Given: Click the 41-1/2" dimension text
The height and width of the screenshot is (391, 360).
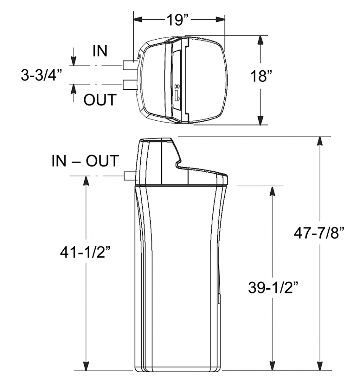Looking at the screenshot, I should (x=87, y=253).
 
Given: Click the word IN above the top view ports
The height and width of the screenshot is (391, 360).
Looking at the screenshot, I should (x=100, y=51).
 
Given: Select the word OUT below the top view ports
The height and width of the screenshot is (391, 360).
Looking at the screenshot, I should (x=100, y=100).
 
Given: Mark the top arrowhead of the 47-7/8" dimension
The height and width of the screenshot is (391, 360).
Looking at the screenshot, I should (x=320, y=142).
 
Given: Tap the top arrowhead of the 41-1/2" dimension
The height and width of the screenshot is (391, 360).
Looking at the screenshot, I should (x=87, y=181).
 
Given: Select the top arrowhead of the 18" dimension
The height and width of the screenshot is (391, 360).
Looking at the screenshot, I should (x=260, y=41).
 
